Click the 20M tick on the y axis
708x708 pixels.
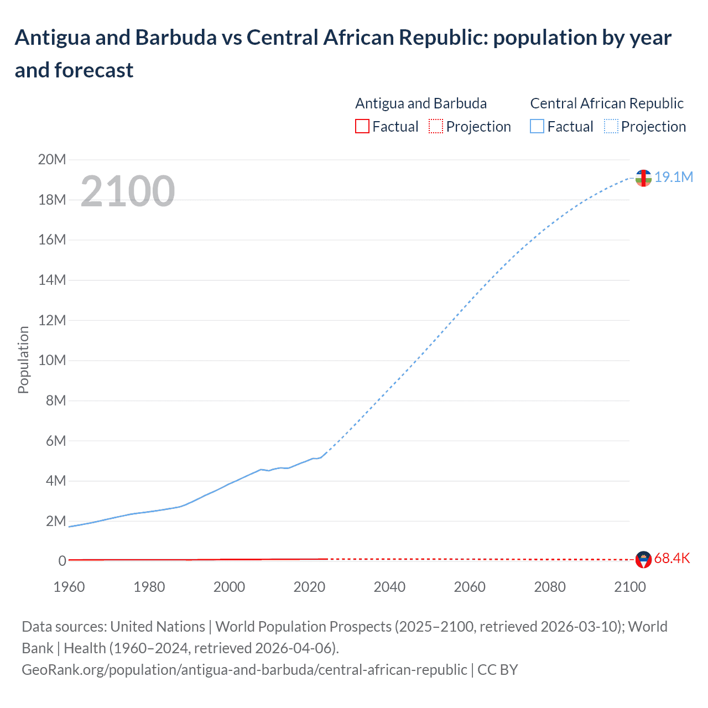click(x=51, y=160)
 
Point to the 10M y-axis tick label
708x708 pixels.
click(x=51, y=361)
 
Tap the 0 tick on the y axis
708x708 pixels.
click(x=62, y=561)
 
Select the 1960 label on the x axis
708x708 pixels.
click(x=69, y=587)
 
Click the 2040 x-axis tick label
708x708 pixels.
click(x=389, y=587)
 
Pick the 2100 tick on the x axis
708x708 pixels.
click(x=629, y=587)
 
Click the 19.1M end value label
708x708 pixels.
click(x=674, y=177)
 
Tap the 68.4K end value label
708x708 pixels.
click(x=672, y=559)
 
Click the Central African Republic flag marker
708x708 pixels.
click(x=643, y=178)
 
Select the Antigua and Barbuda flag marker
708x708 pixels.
click(x=643, y=560)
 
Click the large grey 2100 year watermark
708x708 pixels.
click(x=128, y=191)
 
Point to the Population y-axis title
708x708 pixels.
click(x=23, y=360)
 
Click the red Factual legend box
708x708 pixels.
click(x=362, y=127)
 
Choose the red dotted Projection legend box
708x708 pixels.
click(x=436, y=127)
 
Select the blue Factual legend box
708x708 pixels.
click(x=537, y=127)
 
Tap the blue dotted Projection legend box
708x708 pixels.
click(x=611, y=127)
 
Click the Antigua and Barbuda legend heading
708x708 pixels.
click(x=421, y=103)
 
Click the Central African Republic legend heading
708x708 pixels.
click(x=607, y=103)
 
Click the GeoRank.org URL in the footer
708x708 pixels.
click(x=244, y=670)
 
